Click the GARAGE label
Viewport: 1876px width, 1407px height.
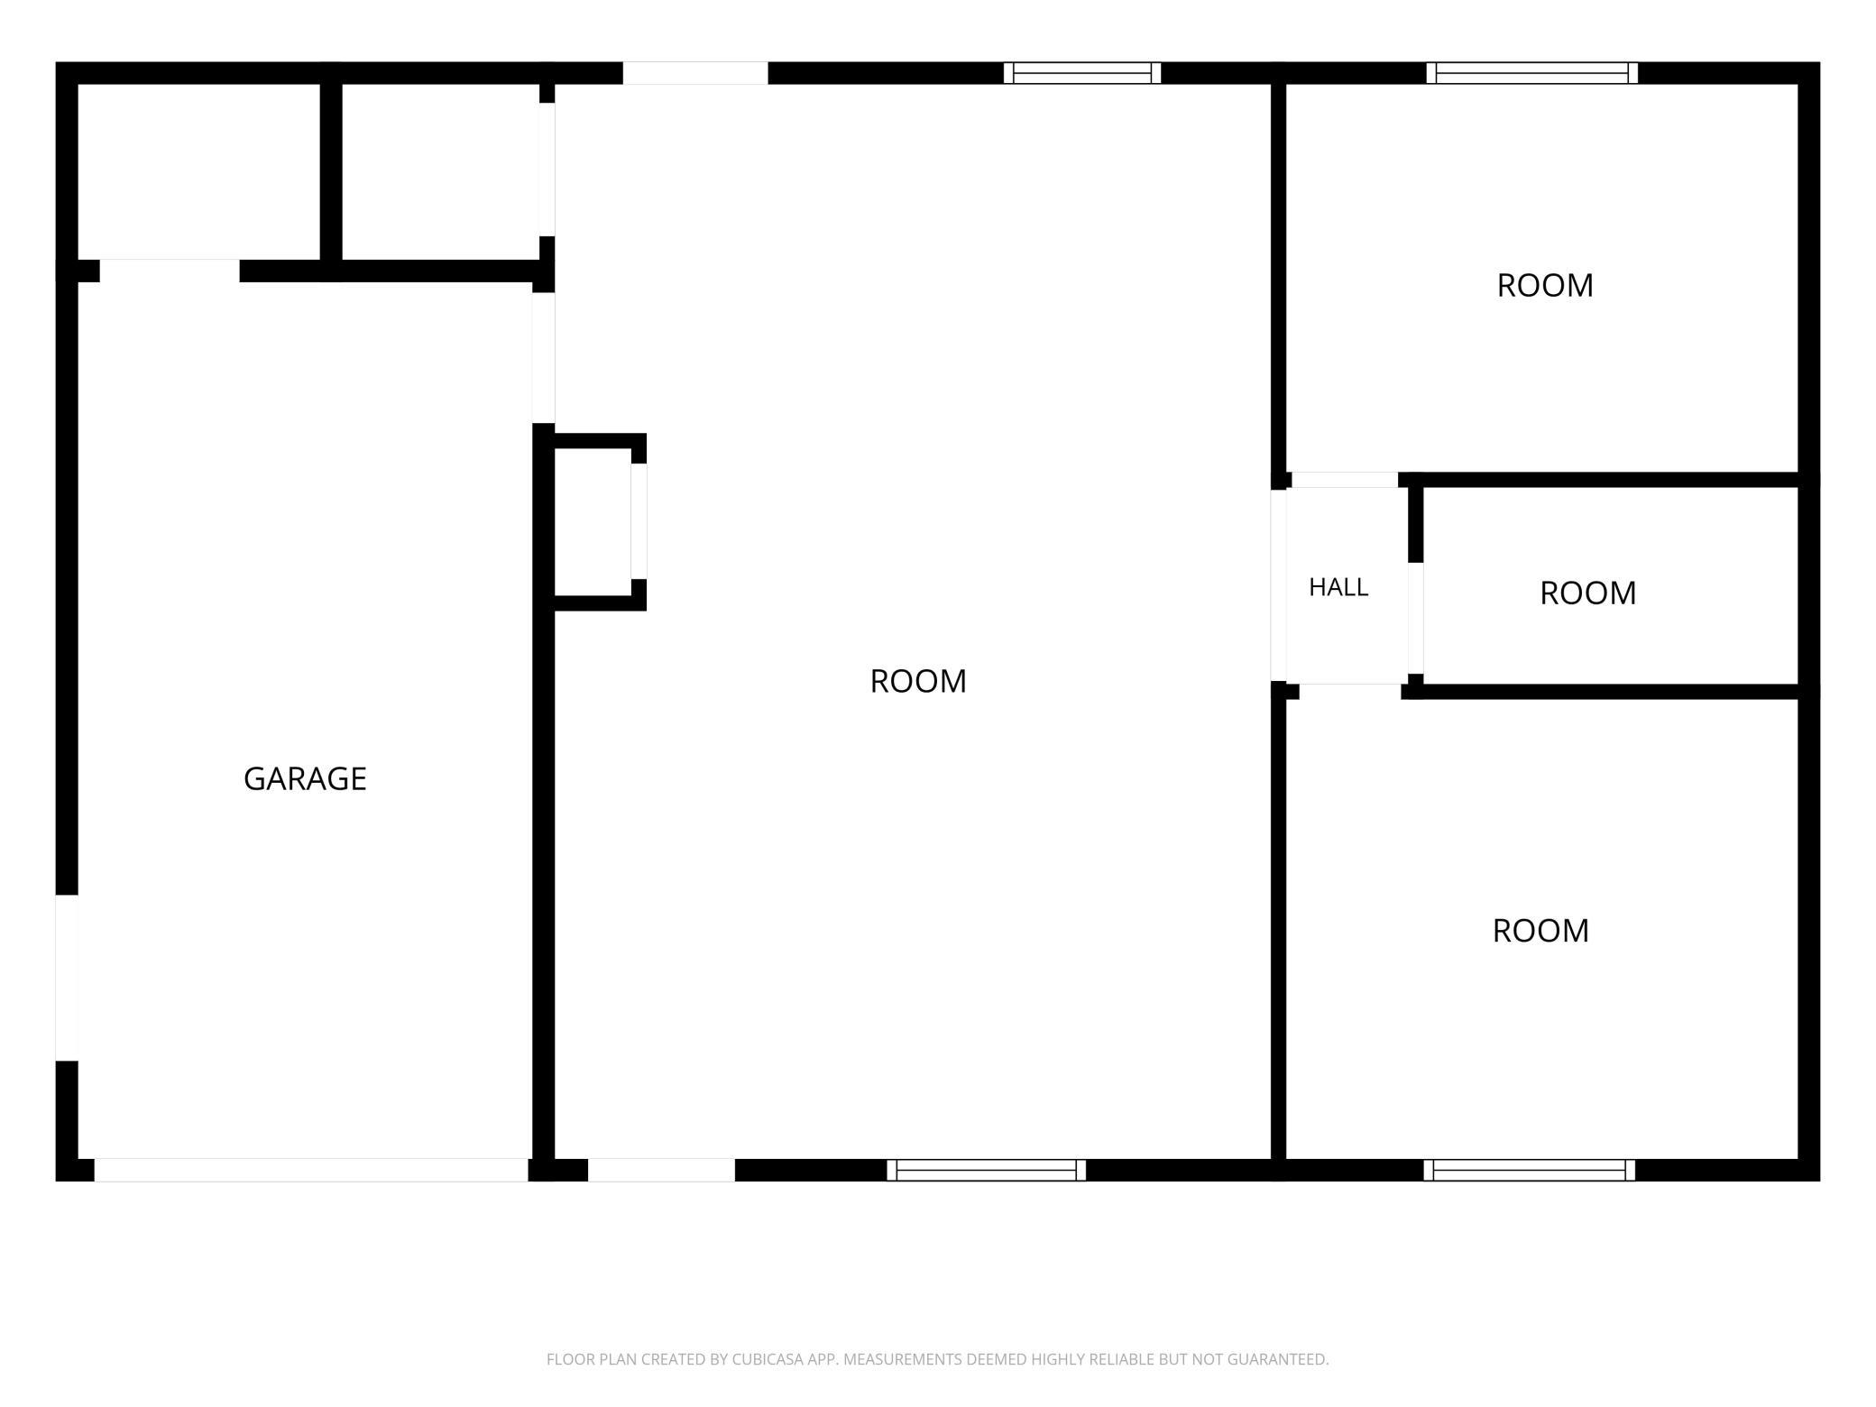click(305, 778)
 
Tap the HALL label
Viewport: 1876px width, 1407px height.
click(1338, 587)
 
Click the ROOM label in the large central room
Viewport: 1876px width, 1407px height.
click(918, 681)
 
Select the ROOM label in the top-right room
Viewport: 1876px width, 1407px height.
click(1545, 285)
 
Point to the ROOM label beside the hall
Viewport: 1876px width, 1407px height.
click(1587, 593)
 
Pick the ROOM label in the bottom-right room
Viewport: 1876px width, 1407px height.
click(1540, 930)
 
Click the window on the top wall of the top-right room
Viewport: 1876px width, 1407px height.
click(1531, 73)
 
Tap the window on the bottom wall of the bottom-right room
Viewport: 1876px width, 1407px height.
click(1529, 1170)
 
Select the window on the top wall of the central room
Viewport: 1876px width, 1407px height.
click(1081, 73)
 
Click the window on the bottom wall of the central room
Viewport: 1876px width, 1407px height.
click(986, 1170)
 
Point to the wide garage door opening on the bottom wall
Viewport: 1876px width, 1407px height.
click(311, 1170)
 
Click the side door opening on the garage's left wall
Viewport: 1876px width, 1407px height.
click(67, 978)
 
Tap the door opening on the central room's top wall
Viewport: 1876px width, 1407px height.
click(695, 73)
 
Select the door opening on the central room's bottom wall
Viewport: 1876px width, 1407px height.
click(661, 1170)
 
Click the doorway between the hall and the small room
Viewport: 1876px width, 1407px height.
click(1416, 618)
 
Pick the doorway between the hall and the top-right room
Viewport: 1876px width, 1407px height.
click(1345, 480)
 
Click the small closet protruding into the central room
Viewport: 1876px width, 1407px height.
click(593, 522)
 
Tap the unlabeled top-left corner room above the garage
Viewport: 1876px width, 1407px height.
click(199, 171)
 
